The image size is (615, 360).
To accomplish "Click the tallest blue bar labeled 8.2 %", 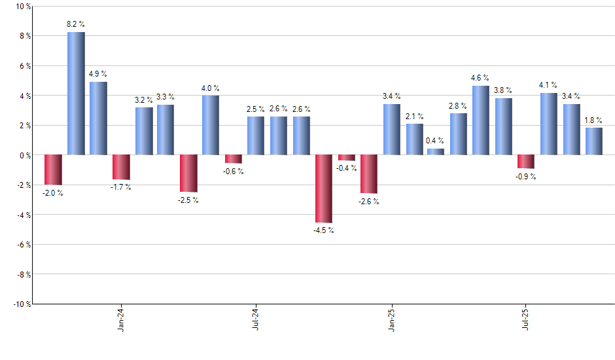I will (x=76, y=94).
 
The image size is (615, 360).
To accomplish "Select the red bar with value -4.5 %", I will (x=324, y=189).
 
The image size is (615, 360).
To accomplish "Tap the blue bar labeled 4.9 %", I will (x=98, y=118).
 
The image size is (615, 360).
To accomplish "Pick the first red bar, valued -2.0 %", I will (x=53, y=170).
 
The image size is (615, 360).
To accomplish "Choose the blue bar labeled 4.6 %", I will (x=481, y=120).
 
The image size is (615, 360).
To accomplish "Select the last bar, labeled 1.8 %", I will (x=594, y=141).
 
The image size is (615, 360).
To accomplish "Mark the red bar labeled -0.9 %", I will (x=526, y=162).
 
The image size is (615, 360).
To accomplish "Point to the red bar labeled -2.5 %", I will (x=188, y=173).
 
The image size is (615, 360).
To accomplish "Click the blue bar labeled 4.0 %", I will (x=211, y=125).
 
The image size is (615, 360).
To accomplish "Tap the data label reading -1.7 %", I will (x=120, y=187).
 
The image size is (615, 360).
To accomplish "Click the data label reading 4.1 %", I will (x=548, y=84).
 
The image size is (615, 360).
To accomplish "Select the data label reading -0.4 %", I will (x=346, y=168).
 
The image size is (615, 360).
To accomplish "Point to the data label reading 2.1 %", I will (x=414, y=115).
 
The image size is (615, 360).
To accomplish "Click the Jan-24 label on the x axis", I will (x=121, y=319).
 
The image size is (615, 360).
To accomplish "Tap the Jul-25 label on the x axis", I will (x=526, y=319).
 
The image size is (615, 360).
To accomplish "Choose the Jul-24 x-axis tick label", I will (x=256, y=319).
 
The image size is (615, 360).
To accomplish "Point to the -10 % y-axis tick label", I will (x=20, y=304).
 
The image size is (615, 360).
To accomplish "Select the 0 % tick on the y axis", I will (x=24, y=155).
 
